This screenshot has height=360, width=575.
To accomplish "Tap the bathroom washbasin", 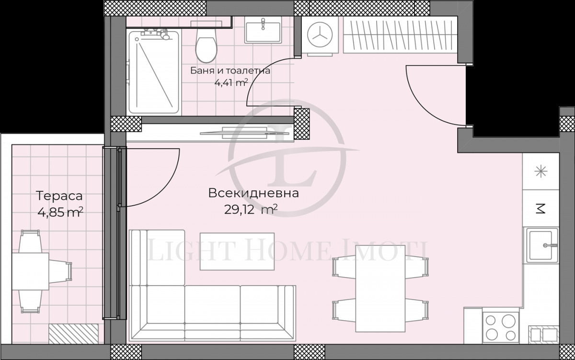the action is (x=263, y=30).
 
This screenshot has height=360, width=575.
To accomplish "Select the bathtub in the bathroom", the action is (x=154, y=72).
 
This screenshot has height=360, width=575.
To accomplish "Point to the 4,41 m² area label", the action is (x=231, y=83).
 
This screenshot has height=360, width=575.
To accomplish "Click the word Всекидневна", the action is (x=253, y=193).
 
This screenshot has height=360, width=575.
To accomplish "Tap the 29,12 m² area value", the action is (x=251, y=209).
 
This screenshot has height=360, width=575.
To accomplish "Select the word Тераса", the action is (x=59, y=196).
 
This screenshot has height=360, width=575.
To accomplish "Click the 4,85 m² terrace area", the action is (x=60, y=212).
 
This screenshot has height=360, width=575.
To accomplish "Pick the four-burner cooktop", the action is (x=501, y=327).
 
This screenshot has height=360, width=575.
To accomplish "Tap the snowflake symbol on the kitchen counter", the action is (x=540, y=172).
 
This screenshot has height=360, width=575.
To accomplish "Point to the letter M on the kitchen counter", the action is (x=541, y=209).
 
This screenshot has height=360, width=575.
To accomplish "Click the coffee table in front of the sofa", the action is (x=237, y=251).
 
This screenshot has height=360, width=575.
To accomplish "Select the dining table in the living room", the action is (x=380, y=289).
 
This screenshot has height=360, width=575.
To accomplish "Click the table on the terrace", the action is (x=31, y=271).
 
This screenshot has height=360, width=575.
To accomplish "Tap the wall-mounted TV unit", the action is (x=244, y=133).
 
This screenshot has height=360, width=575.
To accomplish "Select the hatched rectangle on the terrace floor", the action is (x=73, y=334).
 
